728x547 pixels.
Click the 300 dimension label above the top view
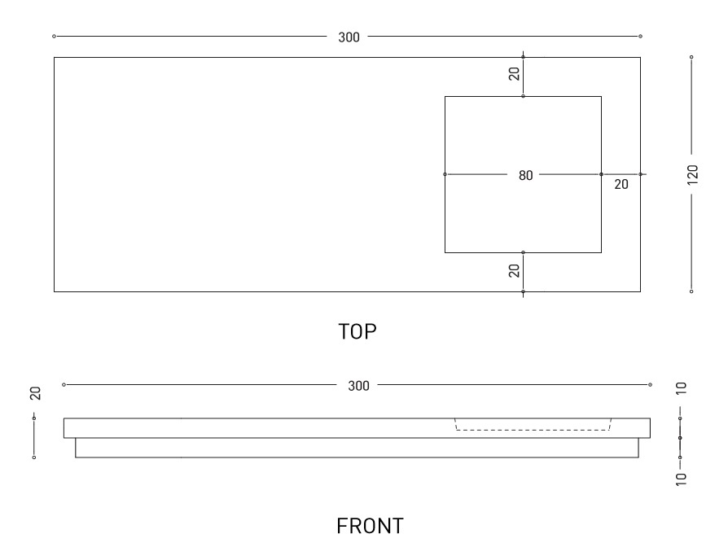pos(349,37)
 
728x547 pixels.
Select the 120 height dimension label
pos(692,173)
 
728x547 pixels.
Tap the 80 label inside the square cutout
pos(525,174)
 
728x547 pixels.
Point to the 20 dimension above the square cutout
pos(514,74)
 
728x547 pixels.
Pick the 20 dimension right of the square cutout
pos(621,185)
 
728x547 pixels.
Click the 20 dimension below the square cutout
pos(514,271)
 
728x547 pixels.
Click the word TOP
pos(359,331)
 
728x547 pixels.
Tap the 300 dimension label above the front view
pos(358,385)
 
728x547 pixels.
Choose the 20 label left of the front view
pos(35,394)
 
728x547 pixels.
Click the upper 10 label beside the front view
pos(682,387)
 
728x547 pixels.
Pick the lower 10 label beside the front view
pos(682,478)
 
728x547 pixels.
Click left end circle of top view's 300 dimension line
pos(54,37)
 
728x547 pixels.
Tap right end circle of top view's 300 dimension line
pos(641,37)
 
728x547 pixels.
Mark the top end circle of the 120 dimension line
pos(691,57)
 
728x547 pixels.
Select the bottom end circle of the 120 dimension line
pos(691,291)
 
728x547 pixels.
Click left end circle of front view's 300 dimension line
pos(64,384)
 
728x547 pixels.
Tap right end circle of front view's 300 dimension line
pos(651,384)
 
